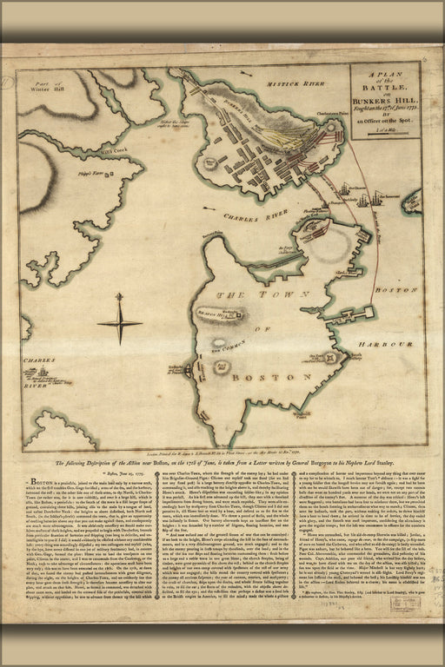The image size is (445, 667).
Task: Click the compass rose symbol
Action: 119,323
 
